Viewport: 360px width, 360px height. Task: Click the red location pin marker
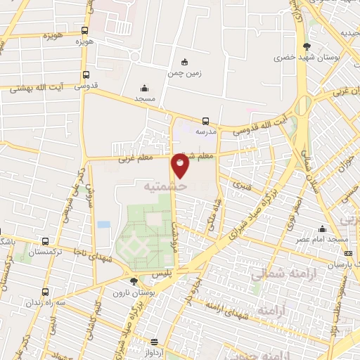pos(181,165)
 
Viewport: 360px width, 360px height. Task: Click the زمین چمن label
pos(185,72)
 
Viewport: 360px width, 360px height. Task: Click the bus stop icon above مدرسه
pos(205,120)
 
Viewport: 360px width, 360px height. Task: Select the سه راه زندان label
pos(46,302)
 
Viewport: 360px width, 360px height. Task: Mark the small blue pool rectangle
pos(103,224)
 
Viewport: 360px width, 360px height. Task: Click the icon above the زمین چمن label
pos(185,61)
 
